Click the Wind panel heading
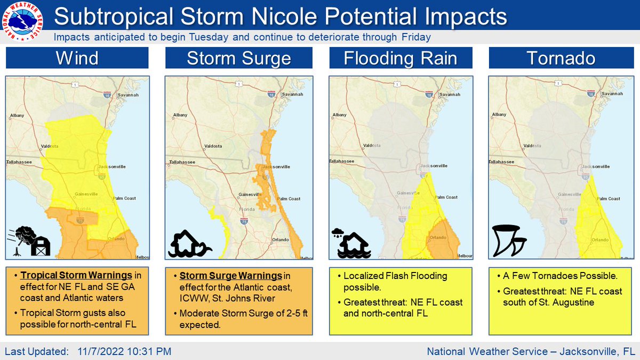click(x=77, y=58)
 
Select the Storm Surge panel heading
click(x=238, y=58)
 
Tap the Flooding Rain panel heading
click(x=401, y=58)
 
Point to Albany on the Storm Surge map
click(x=180, y=115)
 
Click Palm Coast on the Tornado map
click(x=608, y=198)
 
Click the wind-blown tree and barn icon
click(x=29, y=241)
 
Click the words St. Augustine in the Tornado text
click(x=575, y=303)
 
